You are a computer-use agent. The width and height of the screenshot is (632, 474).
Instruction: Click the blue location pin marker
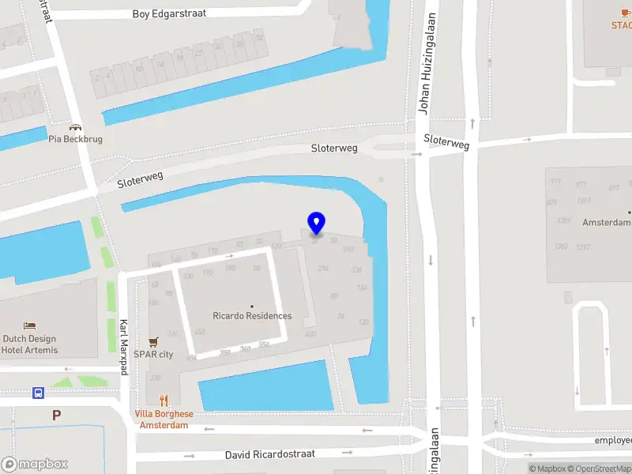(316, 223)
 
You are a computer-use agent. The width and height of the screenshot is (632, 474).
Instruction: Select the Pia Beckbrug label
(76, 139)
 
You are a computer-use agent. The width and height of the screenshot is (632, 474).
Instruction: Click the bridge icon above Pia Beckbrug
(76, 126)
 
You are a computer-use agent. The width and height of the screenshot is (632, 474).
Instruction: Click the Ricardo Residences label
(252, 316)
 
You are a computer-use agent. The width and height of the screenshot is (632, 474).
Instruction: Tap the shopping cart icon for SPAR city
(154, 342)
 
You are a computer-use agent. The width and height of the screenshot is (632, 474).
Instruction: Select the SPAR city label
(153, 355)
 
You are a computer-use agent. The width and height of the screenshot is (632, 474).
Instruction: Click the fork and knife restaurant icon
(164, 401)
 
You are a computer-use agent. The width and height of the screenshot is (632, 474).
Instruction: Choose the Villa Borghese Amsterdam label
(164, 419)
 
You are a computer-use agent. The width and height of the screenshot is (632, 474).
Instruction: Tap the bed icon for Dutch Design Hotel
(29, 326)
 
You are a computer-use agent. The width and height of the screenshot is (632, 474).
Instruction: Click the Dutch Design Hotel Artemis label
(29, 344)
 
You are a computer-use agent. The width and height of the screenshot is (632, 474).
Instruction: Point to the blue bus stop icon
(38, 393)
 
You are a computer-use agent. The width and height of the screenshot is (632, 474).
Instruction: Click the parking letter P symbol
(56, 415)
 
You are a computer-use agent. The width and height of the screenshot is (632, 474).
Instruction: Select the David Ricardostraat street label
(270, 454)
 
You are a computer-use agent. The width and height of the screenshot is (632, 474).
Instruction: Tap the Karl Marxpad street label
(123, 348)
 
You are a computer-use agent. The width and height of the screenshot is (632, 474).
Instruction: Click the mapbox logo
(35, 465)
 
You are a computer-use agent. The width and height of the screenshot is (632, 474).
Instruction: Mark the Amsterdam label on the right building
(607, 223)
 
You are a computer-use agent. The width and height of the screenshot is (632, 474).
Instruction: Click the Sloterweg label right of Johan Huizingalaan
(446, 141)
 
